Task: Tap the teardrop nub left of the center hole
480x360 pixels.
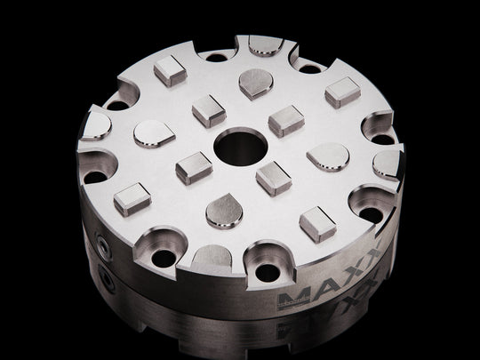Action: click(152, 134)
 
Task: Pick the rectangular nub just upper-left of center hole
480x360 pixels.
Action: click(207, 111)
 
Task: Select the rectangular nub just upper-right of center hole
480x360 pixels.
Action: click(285, 119)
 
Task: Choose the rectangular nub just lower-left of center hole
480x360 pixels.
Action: click(193, 165)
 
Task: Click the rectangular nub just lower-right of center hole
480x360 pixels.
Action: click(272, 177)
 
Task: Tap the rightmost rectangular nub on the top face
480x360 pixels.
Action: click(342, 92)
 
